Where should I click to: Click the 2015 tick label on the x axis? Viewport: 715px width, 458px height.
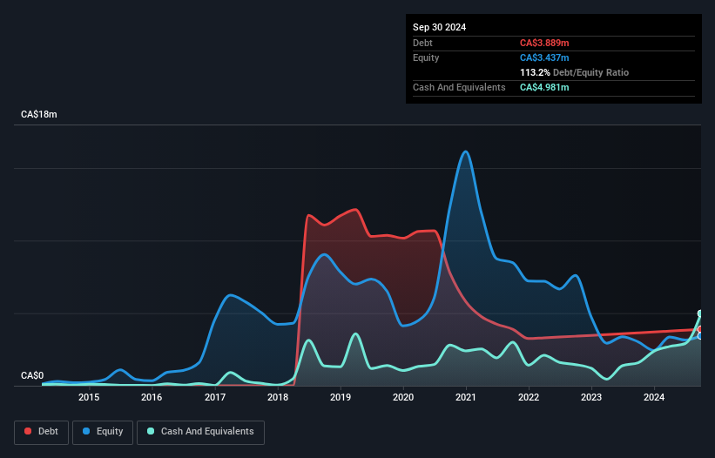coord(89,398)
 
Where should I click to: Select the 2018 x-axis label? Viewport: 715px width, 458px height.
coord(278,398)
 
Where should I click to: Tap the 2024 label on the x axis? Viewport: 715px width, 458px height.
coord(654,398)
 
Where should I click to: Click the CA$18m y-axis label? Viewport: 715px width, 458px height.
coord(39,115)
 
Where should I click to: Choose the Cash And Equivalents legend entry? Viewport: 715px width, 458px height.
coord(200,432)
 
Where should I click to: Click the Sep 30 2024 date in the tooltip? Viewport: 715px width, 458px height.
coord(440,27)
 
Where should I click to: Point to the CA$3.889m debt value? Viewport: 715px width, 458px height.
coord(544,43)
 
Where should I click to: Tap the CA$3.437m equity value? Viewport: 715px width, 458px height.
coord(544,57)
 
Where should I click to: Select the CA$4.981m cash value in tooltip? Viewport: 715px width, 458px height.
coord(544,87)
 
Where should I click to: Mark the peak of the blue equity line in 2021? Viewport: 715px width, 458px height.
coord(466,152)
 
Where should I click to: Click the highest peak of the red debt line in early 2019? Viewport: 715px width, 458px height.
coord(355,209)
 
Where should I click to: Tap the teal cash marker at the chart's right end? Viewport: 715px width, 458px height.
coord(700,313)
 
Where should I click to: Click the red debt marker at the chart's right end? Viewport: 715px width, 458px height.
coord(700,329)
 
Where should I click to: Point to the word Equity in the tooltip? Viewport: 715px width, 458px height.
coord(426,57)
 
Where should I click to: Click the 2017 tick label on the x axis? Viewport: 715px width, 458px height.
coord(215,398)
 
